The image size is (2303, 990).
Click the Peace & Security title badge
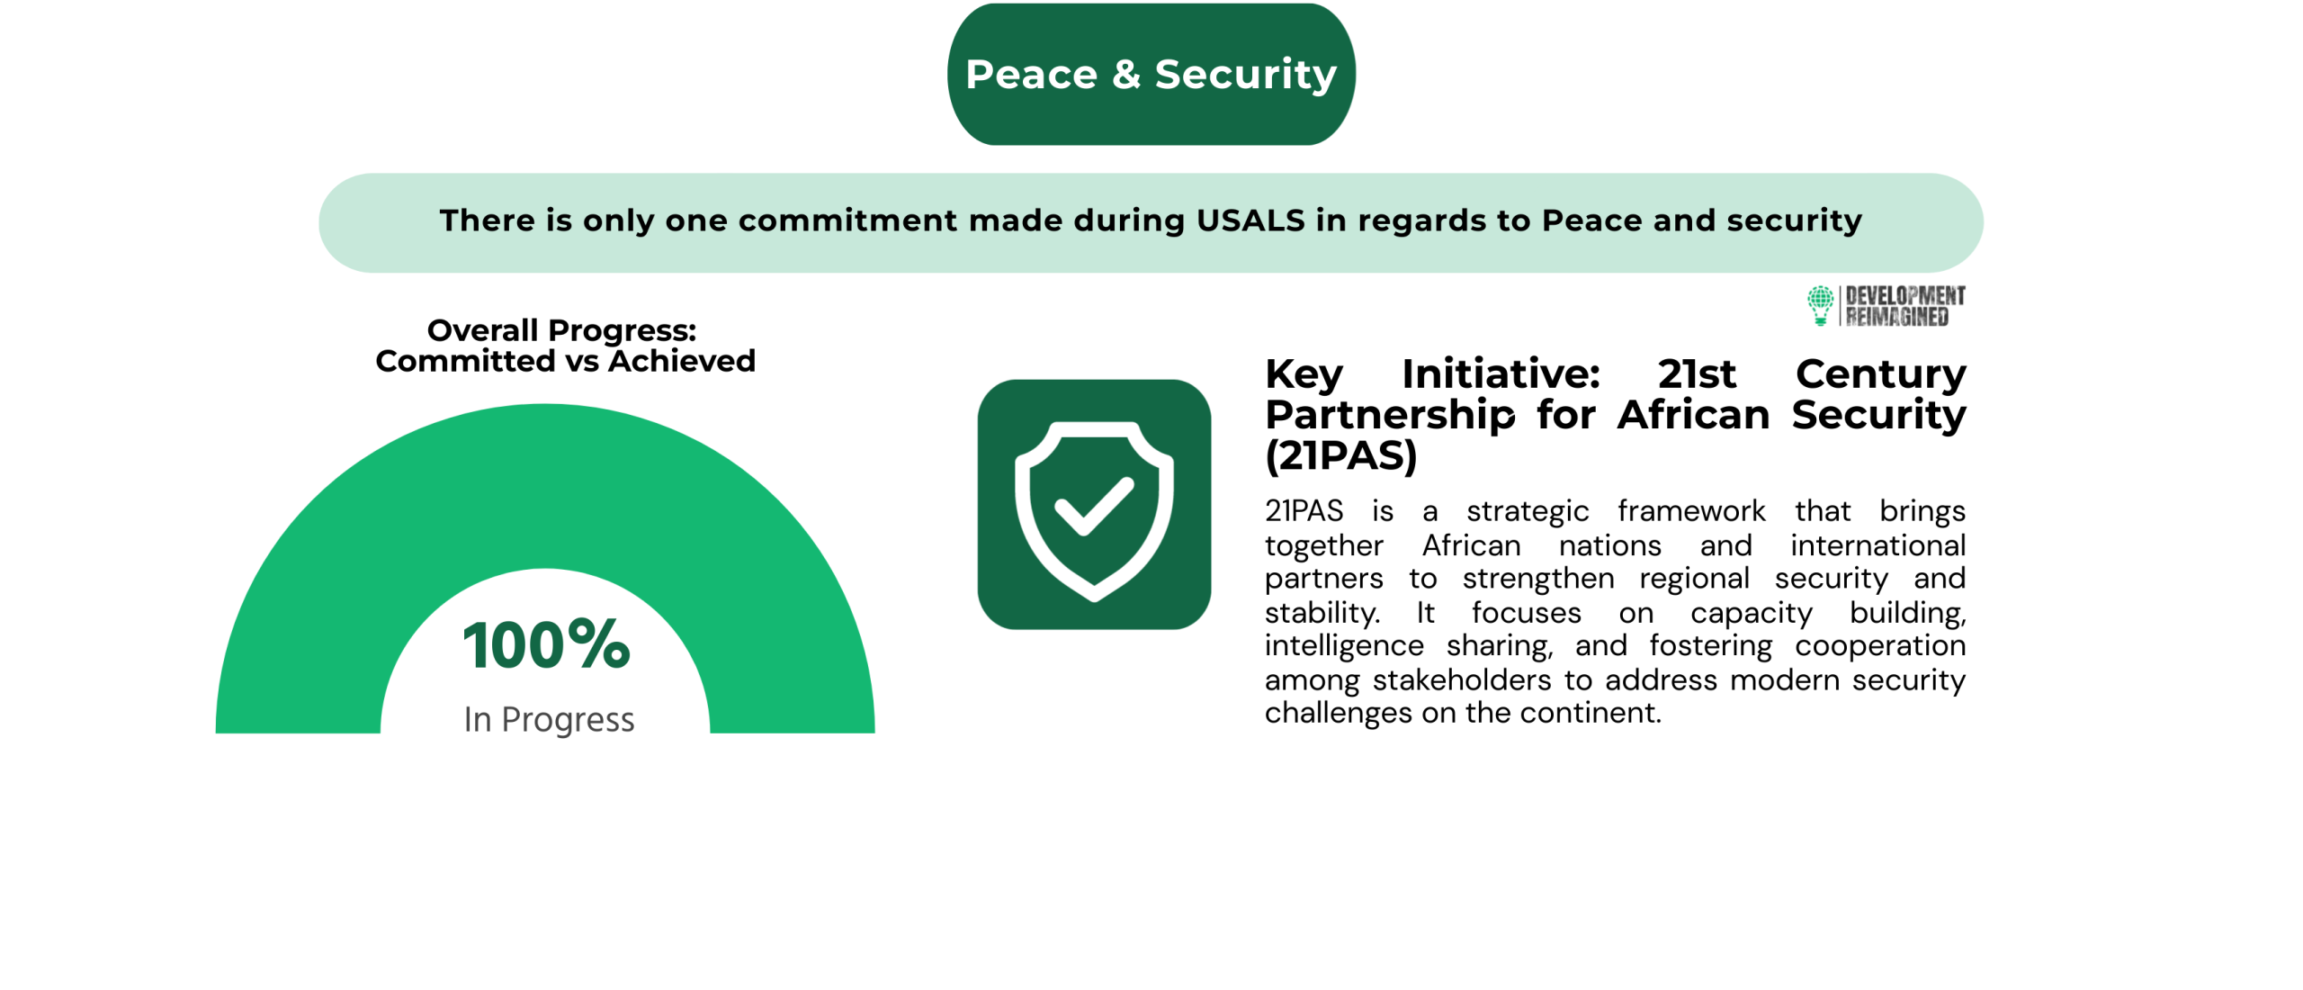click(1151, 74)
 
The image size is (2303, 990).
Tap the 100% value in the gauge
click(546, 644)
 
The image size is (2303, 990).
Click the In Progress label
click(549, 719)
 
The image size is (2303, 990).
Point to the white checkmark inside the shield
click(1094, 505)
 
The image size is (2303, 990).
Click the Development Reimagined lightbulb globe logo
click(1820, 305)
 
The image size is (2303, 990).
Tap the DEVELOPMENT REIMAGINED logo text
click(1904, 306)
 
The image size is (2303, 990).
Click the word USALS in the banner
click(1250, 220)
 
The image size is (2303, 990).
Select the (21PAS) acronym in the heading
click(1340, 455)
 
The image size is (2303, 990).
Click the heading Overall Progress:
click(561, 330)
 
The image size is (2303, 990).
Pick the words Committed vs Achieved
click(565, 361)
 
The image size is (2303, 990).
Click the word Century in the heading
click(1880, 374)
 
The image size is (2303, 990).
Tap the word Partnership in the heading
click(1390, 415)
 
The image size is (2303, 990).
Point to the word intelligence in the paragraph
click(1344, 646)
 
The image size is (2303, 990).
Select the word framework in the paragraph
click(1691, 511)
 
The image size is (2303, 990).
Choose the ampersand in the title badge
click(1126, 74)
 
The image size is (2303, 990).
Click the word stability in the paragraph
click(1322, 613)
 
